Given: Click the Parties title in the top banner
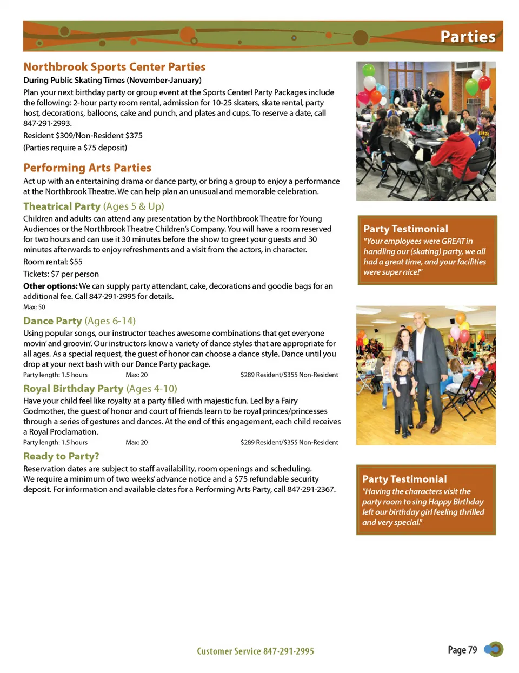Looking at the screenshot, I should click(x=468, y=37).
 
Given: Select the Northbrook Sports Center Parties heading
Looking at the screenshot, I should click(x=114, y=67).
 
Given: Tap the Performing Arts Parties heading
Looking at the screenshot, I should click(x=87, y=168).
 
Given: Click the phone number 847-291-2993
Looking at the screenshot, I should click(x=47, y=123).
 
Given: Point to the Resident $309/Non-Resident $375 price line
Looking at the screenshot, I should click(x=83, y=136).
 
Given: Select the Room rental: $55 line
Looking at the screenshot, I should click(x=53, y=262).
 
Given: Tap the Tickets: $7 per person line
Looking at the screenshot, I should click(x=61, y=274).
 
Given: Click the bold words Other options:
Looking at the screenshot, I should click(x=50, y=286).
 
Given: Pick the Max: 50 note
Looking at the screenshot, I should click(x=34, y=307).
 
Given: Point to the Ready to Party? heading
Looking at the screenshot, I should click(x=61, y=456).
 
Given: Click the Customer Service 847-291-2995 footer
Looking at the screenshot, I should click(x=255, y=651).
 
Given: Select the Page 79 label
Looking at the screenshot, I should click(x=462, y=650).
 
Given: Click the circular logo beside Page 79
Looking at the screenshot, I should click(x=494, y=649).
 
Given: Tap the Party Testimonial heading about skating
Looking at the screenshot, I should click(x=405, y=229).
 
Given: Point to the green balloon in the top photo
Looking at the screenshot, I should click(x=472, y=86).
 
